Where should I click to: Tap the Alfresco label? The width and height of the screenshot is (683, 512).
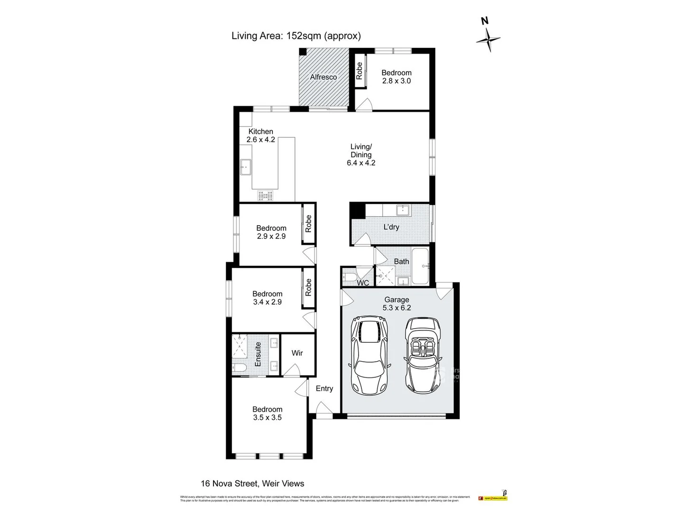323,77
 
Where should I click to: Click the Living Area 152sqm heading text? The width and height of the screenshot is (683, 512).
296,36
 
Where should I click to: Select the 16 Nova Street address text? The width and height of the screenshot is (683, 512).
252,484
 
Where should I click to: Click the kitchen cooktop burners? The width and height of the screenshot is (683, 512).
266,195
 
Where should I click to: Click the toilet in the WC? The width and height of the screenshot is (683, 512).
349,276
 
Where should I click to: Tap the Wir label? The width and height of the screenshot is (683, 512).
297,353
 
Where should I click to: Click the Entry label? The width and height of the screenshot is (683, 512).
324,388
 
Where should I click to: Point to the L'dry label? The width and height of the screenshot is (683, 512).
391,227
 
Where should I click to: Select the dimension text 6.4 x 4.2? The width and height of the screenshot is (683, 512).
361,163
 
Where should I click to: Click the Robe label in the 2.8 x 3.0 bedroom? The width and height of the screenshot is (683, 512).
360,71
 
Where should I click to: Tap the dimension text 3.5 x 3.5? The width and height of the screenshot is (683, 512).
267,417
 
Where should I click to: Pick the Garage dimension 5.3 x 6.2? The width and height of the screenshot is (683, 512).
397,307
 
